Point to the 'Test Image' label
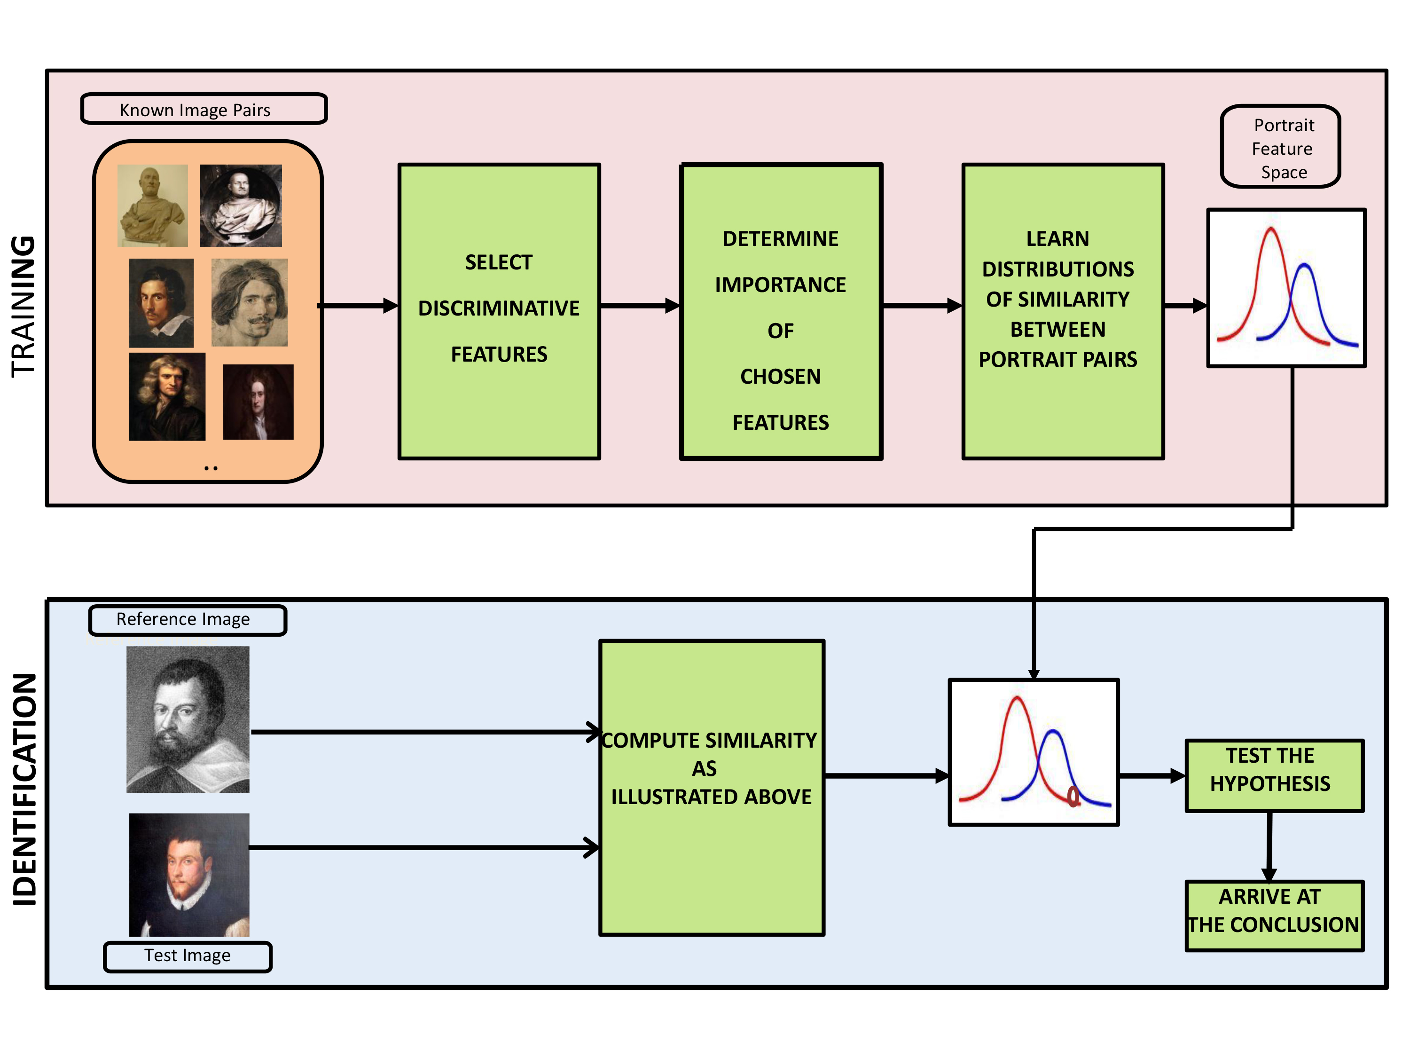coord(188,956)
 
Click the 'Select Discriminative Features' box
coord(499,311)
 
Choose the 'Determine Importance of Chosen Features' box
coord(781,311)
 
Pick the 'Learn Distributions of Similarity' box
coord(1063,311)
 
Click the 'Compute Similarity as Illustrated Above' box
coord(712,788)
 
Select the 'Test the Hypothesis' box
coord(1274,775)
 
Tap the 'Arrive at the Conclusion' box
coord(1274,916)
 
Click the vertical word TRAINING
coord(23,307)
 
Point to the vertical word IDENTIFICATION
coord(24,790)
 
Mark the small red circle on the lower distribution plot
coord(1073,796)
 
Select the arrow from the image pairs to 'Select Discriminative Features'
coord(358,306)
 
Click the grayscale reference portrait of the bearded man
coord(188,719)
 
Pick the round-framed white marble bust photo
coord(240,205)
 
